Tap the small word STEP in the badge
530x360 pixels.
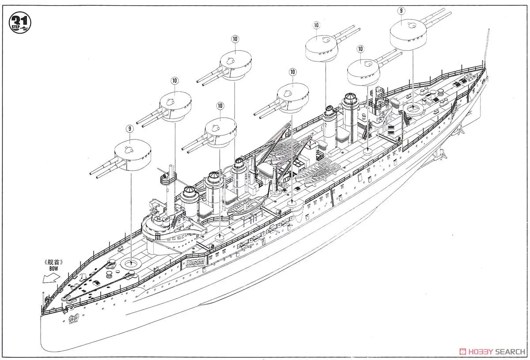[14, 27]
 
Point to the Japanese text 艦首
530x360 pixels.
[54, 262]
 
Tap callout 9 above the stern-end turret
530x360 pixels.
[401, 10]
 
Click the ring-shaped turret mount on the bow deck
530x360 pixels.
[131, 264]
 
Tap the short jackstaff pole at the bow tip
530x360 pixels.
[42, 300]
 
